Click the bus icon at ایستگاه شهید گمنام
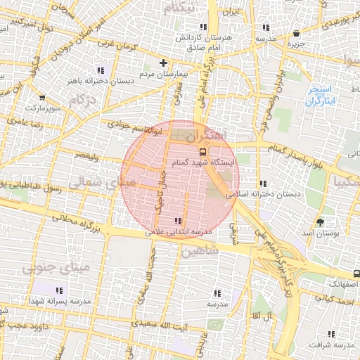pos(202,151)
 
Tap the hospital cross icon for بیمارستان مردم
pos(163,63)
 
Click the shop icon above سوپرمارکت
pos(42,98)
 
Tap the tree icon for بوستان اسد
pos(321,221)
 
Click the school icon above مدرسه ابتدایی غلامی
pos(186,221)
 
